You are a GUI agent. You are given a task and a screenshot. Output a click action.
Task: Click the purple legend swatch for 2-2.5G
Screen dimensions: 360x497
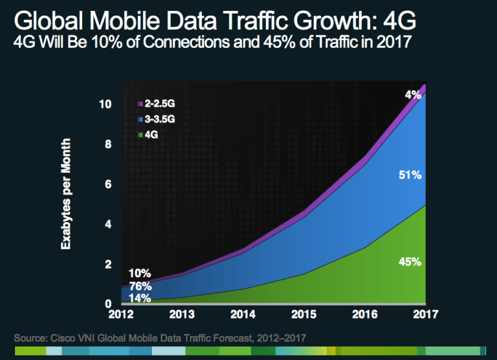140,104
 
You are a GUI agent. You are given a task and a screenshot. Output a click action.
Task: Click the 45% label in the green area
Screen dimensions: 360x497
410,262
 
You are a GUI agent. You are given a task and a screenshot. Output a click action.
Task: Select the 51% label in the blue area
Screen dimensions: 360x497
410,175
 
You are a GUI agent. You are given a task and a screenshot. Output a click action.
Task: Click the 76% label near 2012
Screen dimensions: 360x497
140,286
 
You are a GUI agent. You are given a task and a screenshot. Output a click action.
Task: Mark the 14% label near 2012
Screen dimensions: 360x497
140,298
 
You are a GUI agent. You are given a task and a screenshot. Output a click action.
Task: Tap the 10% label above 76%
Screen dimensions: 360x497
140,273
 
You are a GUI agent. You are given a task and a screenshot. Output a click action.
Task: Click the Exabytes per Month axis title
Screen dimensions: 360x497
66,194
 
